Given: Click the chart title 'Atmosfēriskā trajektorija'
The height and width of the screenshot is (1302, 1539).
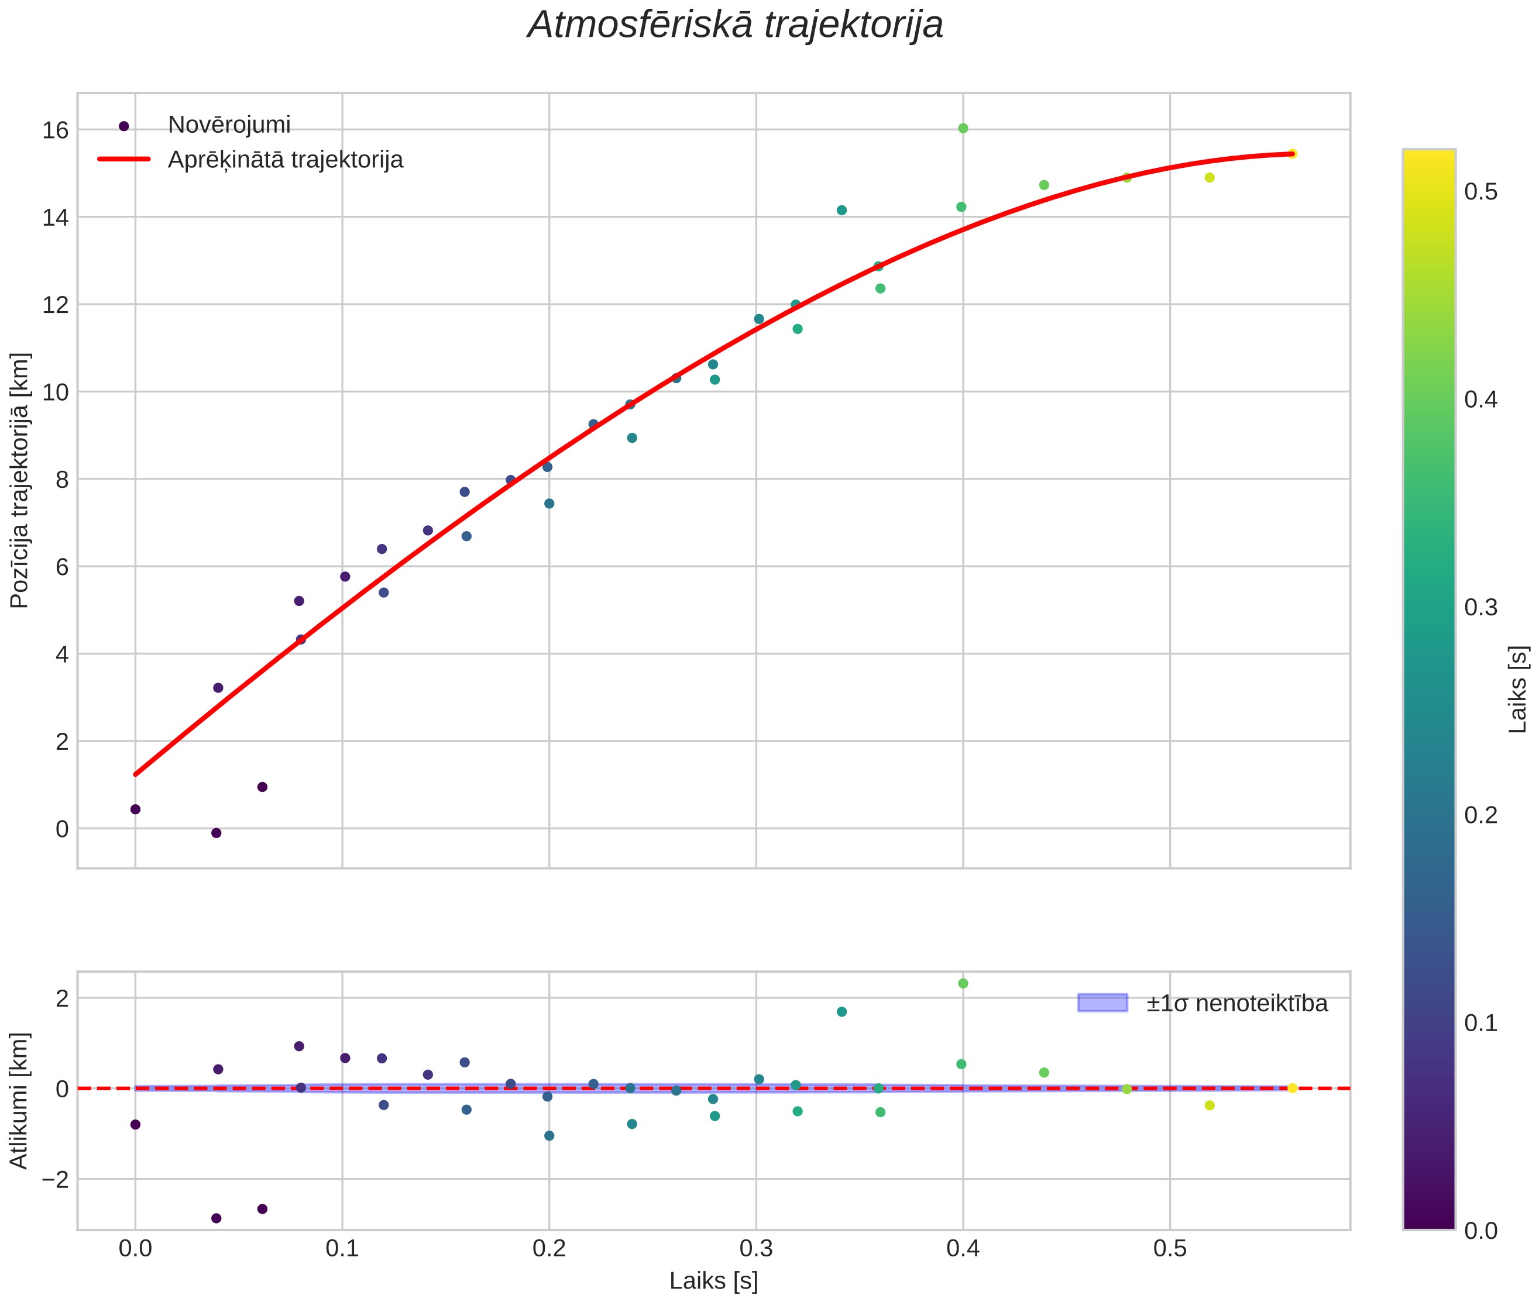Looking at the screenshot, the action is click(735, 25).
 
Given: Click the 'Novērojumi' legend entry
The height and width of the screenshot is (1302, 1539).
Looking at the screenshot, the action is click(229, 125).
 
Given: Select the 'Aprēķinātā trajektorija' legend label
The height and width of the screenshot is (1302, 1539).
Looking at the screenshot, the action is click(285, 160).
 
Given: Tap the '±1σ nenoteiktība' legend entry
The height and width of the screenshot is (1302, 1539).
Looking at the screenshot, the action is click(1237, 1003).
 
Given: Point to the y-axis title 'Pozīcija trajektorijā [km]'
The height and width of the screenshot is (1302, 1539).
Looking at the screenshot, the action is click(20, 481).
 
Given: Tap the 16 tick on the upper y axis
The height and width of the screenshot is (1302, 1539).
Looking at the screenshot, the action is click(54, 130).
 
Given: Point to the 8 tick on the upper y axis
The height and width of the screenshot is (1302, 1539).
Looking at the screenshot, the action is click(61, 480).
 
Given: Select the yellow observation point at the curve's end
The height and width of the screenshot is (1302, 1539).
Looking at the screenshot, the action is click(1292, 153).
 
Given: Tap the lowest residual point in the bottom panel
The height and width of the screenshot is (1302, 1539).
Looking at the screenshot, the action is click(217, 1218).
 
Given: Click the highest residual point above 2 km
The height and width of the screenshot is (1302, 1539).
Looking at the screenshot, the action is click(963, 983).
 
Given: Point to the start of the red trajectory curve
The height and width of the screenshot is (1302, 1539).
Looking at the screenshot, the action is click(135, 774).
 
